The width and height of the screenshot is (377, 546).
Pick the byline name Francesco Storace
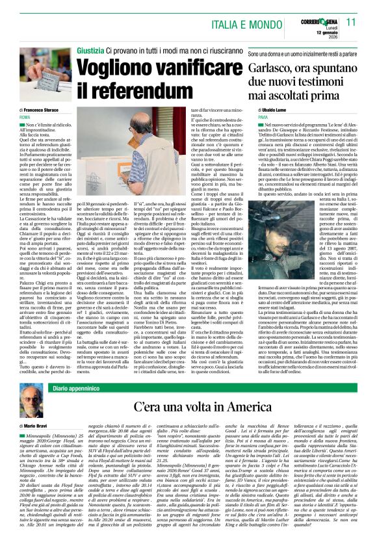pos(48,111)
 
